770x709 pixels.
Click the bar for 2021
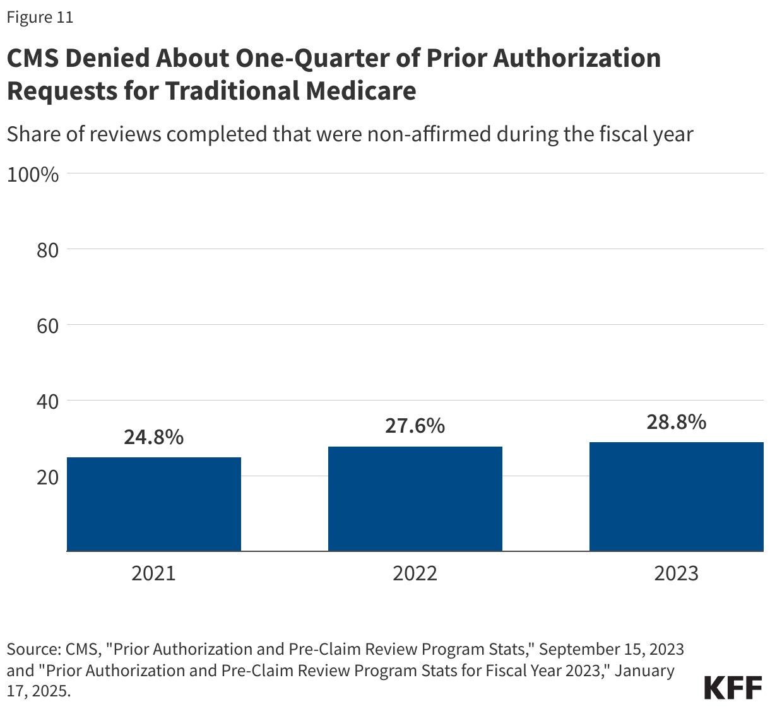tap(153, 504)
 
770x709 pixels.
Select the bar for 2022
tap(415, 498)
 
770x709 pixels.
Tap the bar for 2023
tap(676, 496)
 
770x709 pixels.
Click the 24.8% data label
tap(153, 437)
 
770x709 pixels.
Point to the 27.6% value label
tap(415, 426)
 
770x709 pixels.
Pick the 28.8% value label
tap(676, 421)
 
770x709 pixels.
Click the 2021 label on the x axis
tap(153, 573)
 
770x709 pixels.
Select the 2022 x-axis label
tap(415, 573)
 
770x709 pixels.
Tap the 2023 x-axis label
tap(676, 573)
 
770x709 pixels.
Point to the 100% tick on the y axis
tap(33, 175)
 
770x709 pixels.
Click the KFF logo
tap(732, 688)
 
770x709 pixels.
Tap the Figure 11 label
tap(40, 18)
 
